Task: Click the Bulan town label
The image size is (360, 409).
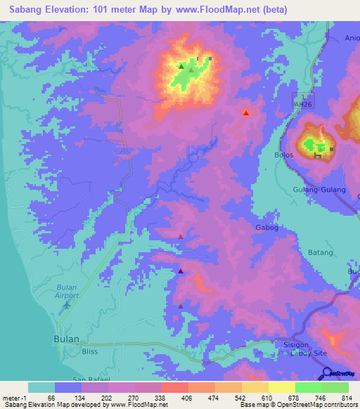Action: (x=66, y=338)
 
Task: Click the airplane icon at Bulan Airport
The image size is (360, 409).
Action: (x=67, y=304)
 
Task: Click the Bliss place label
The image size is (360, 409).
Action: (x=90, y=351)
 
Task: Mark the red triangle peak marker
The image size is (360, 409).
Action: (x=245, y=112)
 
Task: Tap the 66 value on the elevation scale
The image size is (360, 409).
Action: (x=51, y=398)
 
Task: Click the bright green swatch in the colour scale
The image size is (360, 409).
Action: (x=309, y=387)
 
